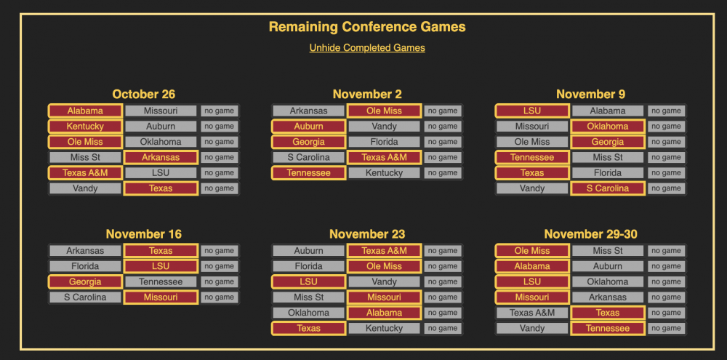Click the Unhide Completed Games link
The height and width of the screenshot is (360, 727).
point(367,48)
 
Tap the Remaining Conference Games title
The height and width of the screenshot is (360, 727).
point(367,27)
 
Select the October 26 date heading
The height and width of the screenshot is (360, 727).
point(144,94)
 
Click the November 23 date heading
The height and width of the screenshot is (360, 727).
point(367,234)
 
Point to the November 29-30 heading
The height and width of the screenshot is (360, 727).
point(590,234)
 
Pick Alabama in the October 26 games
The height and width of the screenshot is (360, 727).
point(85,111)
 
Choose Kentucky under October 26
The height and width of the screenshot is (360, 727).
point(85,127)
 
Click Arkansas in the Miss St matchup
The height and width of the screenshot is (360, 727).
point(161,157)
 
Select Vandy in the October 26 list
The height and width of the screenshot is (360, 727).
point(85,188)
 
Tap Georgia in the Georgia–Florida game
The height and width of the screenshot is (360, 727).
point(309,142)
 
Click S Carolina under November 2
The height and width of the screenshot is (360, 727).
point(309,157)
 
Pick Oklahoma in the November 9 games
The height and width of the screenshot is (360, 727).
point(608,127)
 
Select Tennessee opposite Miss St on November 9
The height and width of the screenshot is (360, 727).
point(532,157)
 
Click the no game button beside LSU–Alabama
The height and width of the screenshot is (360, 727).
point(666,111)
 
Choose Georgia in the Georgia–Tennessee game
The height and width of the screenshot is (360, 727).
point(85,281)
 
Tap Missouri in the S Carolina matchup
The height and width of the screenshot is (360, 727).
point(161,297)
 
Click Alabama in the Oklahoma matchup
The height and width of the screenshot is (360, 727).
point(385,313)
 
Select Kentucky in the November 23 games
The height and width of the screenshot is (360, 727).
point(385,329)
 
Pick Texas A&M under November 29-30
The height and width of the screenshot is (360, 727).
point(532,313)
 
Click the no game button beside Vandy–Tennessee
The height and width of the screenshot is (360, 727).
point(666,329)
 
